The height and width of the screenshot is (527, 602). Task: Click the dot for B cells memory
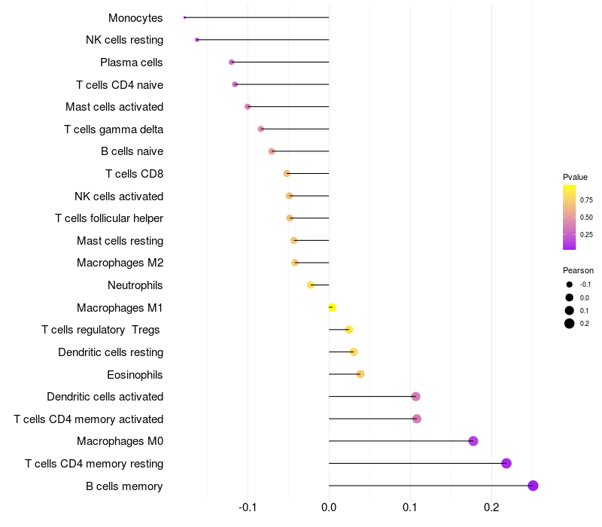click(x=533, y=486)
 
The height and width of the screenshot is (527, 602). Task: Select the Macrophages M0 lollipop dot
click(x=473, y=441)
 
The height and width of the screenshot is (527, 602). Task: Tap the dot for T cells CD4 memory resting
click(x=506, y=463)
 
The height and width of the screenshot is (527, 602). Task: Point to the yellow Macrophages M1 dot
click(x=333, y=307)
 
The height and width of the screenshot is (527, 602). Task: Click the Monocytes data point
click(x=184, y=17)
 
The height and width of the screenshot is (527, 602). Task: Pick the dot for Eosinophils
click(x=360, y=374)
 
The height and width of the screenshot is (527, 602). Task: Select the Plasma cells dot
click(x=231, y=62)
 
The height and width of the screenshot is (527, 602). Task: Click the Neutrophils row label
click(x=135, y=285)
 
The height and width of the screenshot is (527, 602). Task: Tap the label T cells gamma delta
click(x=114, y=129)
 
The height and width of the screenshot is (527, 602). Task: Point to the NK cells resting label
click(x=124, y=40)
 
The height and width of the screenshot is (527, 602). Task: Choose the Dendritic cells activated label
click(x=105, y=397)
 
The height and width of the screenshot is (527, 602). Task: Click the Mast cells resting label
click(x=120, y=241)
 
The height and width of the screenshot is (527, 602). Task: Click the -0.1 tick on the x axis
click(x=248, y=508)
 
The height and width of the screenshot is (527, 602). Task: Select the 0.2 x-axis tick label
click(x=491, y=508)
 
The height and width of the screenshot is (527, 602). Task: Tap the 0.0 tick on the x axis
click(x=329, y=508)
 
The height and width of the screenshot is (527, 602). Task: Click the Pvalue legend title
click(x=575, y=177)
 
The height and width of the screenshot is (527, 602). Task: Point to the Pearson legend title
click(x=578, y=270)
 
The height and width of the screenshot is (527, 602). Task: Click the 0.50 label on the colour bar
click(x=586, y=218)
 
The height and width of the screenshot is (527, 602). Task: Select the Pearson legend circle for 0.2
click(x=570, y=324)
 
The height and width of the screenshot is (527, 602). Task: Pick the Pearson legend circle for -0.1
click(x=570, y=285)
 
